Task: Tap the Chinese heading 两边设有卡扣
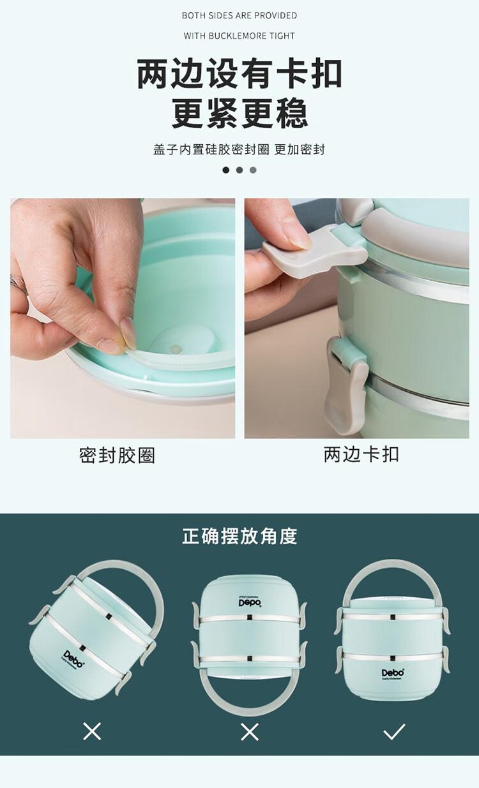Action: [x=240, y=74]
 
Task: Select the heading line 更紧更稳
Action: [x=240, y=113]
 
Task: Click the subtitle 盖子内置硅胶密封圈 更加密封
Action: [x=239, y=149]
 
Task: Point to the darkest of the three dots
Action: [x=226, y=170]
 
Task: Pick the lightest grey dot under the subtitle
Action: [x=253, y=170]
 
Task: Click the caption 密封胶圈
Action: [x=118, y=456]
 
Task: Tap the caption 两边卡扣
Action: [x=361, y=454]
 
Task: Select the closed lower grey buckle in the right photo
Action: [x=347, y=385]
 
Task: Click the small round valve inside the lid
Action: [x=176, y=349]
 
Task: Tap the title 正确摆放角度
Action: [x=240, y=536]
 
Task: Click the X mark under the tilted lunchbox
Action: [x=92, y=731]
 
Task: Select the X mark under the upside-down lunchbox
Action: [x=250, y=732]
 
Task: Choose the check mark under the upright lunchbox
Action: [x=394, y=731]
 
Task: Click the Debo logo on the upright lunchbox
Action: [x=393, y=673]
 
